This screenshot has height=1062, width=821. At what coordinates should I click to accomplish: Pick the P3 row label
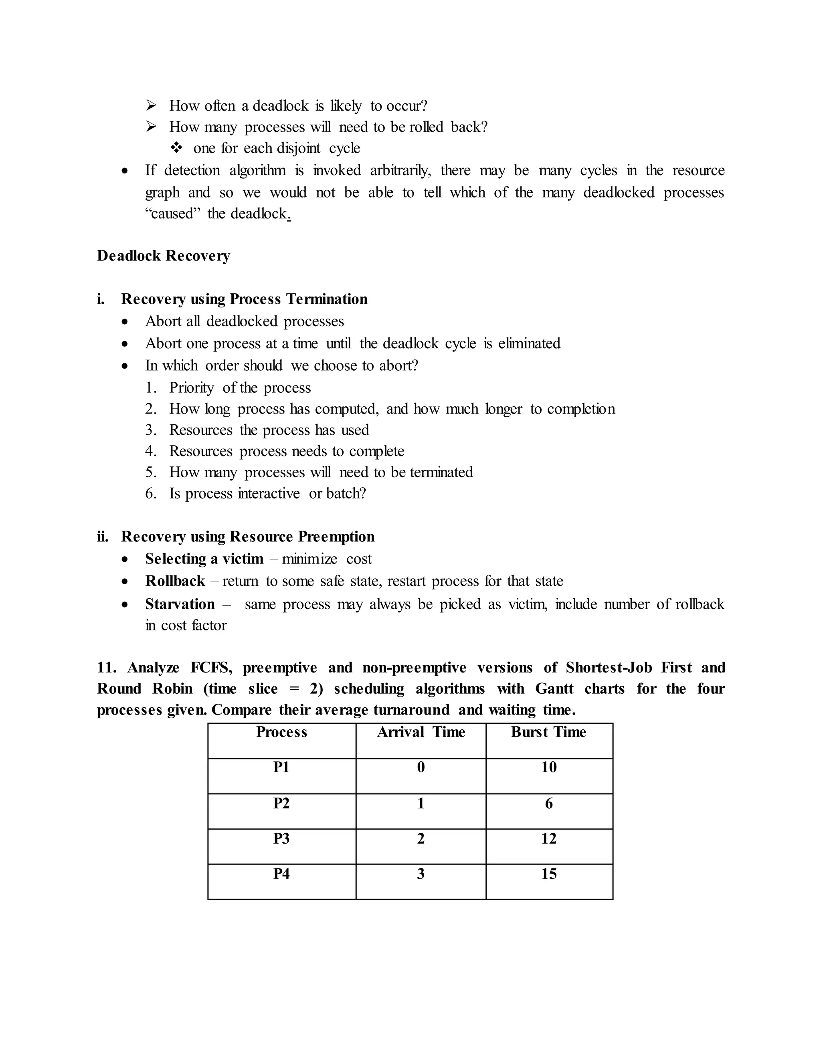[x=281, y=838]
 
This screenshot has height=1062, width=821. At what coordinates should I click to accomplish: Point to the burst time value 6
[x=549, y=803]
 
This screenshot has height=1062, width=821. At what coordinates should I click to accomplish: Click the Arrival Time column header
[x=421, y=732]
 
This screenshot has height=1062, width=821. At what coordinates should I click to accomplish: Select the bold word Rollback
[x=175, y=581]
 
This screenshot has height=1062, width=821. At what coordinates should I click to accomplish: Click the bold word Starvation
[x=180, y=604]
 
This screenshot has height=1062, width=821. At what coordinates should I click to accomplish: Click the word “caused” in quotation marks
[x=173, y=214]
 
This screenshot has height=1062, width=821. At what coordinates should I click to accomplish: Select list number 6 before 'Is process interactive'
[x=151, y=494]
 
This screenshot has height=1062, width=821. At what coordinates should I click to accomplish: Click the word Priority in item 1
[x=191, y=388]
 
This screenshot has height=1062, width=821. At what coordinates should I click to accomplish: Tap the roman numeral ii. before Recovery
[x=103, y=537]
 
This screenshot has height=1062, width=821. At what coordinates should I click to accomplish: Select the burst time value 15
[x=549, y=874]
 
